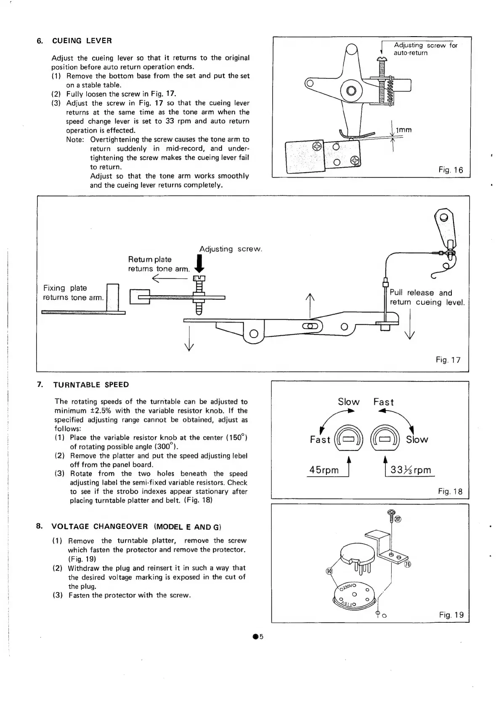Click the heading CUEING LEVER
coord(82,41)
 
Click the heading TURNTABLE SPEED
coord(91,384)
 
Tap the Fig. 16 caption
coord(450,170)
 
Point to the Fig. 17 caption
coord(448,360)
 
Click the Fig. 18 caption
coord(450,491)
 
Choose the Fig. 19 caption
coord(451,615)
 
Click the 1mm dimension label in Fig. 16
coord(403,130)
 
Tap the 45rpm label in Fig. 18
coord(324,470)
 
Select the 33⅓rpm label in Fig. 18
coord(411,470)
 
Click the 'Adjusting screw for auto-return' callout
coord(425,49)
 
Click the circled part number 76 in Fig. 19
coord(407,565)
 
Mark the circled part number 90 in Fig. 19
coord(329,571)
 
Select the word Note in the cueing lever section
coord(75,139)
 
